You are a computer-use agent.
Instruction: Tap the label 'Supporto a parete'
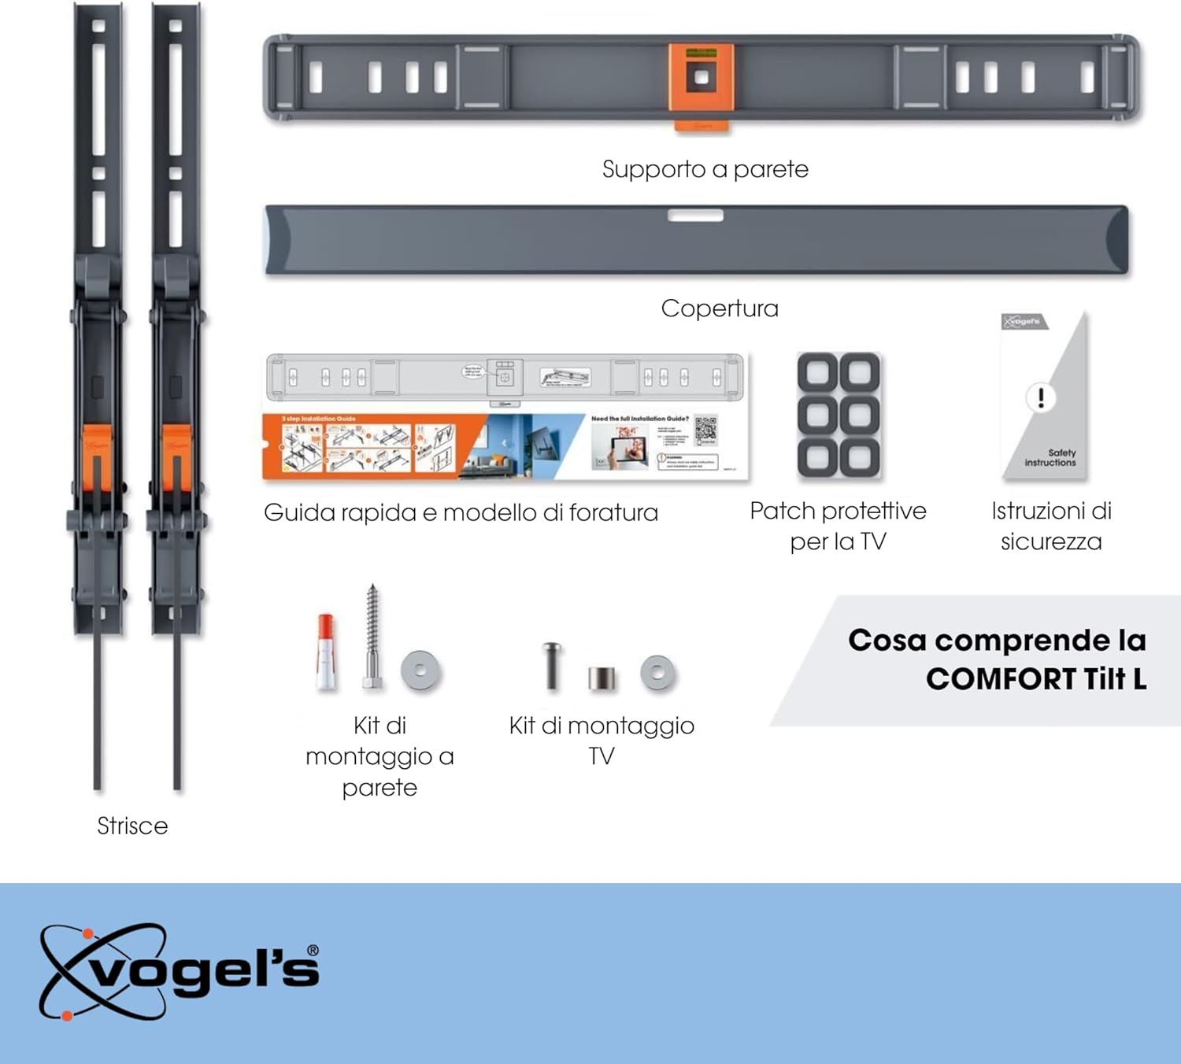(x=705, y=169)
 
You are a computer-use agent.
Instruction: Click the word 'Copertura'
(x=719, y=308)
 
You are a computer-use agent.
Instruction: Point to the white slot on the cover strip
(x=695, y=216)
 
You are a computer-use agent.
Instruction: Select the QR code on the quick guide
(x=705, y=430)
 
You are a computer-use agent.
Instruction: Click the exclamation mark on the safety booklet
(x=1041, y=397)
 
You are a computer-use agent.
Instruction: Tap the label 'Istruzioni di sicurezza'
(x=1051, y=526)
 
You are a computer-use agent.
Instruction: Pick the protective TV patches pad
(x=839, y=415)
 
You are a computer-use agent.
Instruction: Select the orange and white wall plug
(x=325, y=652)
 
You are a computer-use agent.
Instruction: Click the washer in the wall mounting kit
(x=420, y=671)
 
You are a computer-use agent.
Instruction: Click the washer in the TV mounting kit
(x=657, y=673)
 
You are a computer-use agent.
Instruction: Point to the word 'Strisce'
(x=132, y=826)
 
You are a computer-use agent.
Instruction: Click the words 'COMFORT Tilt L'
(x=1035, y=678)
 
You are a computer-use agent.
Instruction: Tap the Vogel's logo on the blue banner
(x=180, y=971)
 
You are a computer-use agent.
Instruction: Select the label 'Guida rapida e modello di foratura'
(x=461, y=512)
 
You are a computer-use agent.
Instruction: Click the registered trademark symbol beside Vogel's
(x=313, y=951)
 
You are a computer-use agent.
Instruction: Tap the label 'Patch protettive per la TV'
(x=838, y=526)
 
